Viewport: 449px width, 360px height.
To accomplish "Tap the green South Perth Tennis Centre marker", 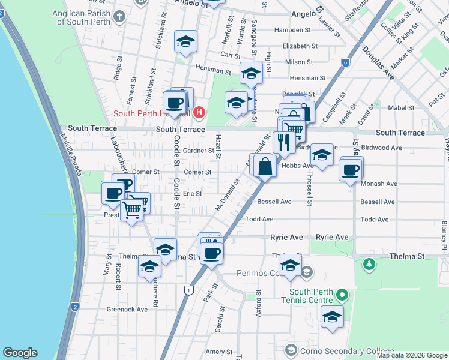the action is point(342,295).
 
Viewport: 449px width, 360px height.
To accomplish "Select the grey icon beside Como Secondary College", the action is point(291,350).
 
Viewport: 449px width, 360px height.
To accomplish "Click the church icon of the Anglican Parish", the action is point(120,15).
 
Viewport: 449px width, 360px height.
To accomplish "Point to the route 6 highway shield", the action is point(345,62).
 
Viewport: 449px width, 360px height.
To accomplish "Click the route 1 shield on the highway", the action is point(189,290).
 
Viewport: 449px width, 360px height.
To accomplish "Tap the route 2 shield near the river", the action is point(75,307).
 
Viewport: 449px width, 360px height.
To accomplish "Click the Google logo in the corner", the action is point(20,353).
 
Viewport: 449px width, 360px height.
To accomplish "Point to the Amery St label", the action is point(215,352).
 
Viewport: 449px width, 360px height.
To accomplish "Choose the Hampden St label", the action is point(292,29).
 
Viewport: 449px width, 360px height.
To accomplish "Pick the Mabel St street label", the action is point(402,108).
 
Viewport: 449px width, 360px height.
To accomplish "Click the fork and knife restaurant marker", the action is point(283,142).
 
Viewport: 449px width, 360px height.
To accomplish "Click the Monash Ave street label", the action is point(379,184).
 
